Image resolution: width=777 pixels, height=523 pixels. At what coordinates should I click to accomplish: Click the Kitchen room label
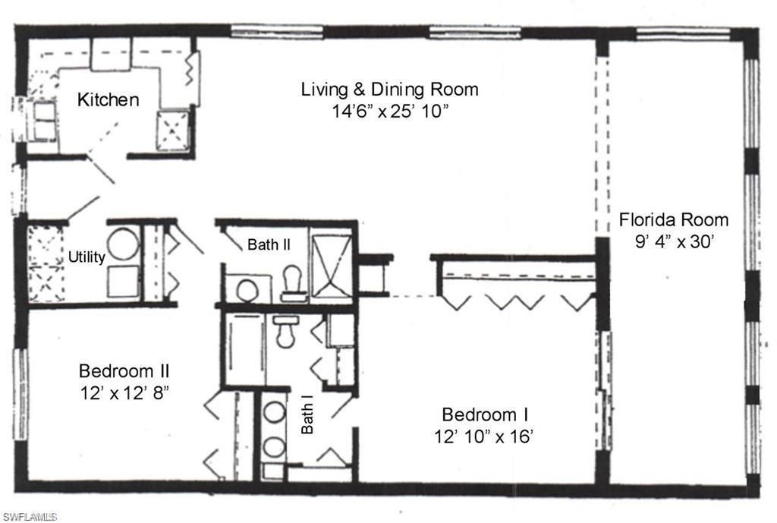tap(109, 99)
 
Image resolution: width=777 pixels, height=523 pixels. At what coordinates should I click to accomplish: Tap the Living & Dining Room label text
tap(389, 89)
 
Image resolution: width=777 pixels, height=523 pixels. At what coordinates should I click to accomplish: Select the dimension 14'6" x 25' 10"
tap(389, 111)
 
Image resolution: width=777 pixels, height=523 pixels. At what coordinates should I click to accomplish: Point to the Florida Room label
tap(674, 220)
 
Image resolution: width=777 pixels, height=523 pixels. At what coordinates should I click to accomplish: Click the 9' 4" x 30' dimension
tap(674, 244)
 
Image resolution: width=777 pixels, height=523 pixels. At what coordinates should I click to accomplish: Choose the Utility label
tap(87, 257)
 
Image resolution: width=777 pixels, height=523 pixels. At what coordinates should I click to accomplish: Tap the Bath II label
tap(266, 244)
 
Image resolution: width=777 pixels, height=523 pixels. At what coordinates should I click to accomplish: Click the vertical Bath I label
tap(307, 417)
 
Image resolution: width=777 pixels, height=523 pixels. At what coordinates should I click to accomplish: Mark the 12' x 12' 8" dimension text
tap(124, 394)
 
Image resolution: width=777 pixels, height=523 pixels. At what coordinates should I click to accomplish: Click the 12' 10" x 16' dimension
tap(485, 437)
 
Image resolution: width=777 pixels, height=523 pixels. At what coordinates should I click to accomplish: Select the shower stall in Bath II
tap(332, 269)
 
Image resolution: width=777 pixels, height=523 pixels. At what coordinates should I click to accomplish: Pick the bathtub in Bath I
tap(243, 348)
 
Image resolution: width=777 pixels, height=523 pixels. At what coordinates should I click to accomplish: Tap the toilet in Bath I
tap(286, 330)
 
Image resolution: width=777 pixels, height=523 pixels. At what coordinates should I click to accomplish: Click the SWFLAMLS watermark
tap(30, 517)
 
